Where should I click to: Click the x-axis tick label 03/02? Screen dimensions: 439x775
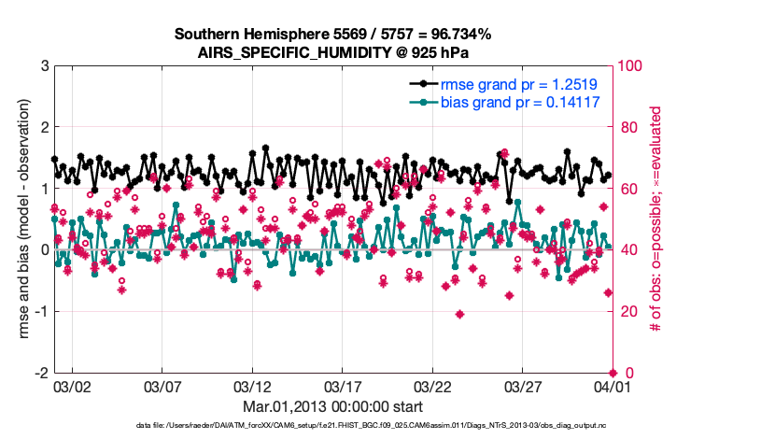click(73, 386)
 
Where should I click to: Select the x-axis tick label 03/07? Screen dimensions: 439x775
click(162, 386)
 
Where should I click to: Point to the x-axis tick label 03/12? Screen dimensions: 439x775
click(252, 386)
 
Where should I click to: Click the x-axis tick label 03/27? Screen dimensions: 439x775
click(521, 386)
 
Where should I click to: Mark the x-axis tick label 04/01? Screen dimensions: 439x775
click(611, 386)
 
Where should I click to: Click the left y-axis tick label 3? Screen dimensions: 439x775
click(45, 66)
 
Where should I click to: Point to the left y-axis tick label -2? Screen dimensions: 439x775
click(41, 373)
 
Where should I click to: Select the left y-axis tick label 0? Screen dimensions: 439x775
click(45, 250)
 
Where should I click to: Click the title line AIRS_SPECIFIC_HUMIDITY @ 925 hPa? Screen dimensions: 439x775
click(332, 52)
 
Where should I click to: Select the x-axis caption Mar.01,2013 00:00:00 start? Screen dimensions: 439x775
click(332, 406)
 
